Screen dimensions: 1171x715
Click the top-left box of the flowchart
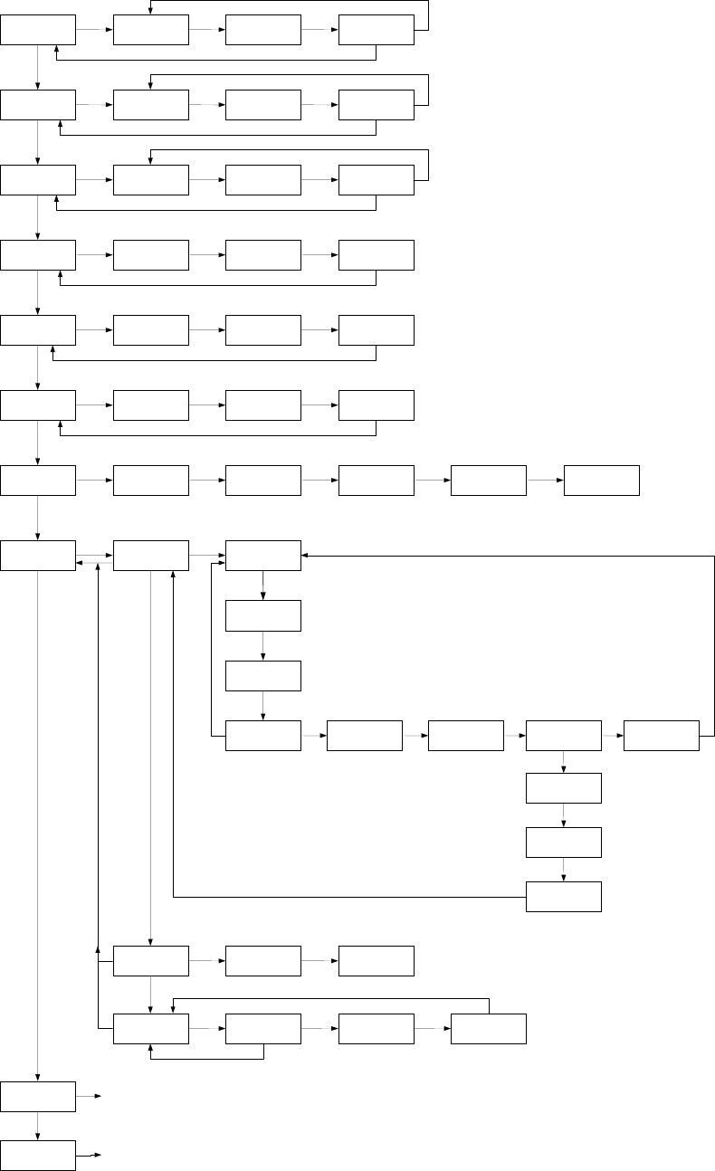[x=38, y=30]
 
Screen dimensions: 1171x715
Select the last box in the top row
[x=377, y=30]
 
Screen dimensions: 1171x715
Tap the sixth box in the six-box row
[x=602, y=481]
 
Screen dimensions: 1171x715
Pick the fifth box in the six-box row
[x=489, y=481]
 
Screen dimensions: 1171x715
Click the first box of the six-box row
[x=38, y=481]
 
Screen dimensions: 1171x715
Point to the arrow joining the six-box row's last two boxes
[x=545, y=481]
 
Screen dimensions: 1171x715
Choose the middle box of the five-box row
[x=465, y=736]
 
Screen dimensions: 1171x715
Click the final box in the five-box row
[x=662, y=736]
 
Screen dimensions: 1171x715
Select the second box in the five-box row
[x=364, y=736]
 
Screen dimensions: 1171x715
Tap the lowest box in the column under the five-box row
[x=564, y=897]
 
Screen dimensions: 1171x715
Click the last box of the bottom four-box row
[x=489, y=1029]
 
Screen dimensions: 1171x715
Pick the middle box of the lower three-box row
[x=263, y=961]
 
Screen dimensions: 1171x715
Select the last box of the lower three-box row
[x=377, y=961]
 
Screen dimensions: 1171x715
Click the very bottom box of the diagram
[x=38, y=1156]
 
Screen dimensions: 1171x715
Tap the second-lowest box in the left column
[x=38, y=1096]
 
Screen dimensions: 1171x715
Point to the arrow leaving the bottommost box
[x=89, y=1156]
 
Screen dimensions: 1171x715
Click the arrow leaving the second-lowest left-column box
[x=89, y=1096]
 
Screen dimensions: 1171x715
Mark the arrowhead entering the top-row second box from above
[x=150, y=11]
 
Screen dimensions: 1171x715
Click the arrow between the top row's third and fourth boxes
[x=320, y=30]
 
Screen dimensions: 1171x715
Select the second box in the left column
[x=38, y=105]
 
